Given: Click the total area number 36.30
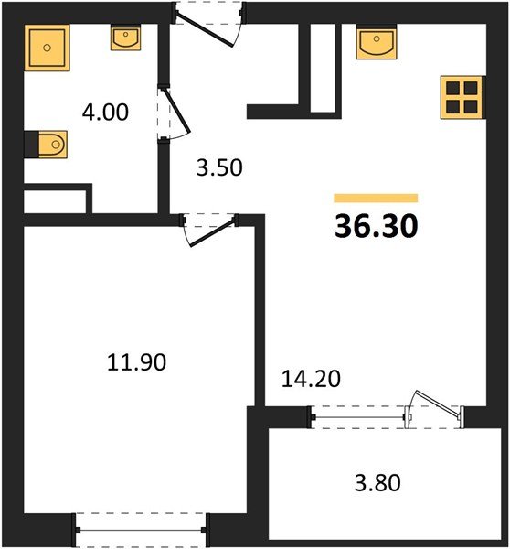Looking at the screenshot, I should coord(376,225).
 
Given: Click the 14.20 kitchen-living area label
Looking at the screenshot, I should coord(309,378).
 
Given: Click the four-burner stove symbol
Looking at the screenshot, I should coord(462,95).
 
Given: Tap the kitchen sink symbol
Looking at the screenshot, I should coord(375,42).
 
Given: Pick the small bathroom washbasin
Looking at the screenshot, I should coord(124,37).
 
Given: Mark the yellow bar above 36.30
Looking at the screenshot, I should coord(376,198).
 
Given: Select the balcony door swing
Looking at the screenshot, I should coord(435,407).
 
